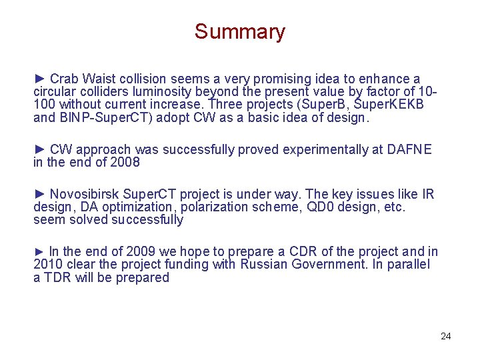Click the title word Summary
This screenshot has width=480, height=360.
239,31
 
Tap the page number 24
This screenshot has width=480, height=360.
446,336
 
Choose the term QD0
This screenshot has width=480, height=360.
317,207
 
